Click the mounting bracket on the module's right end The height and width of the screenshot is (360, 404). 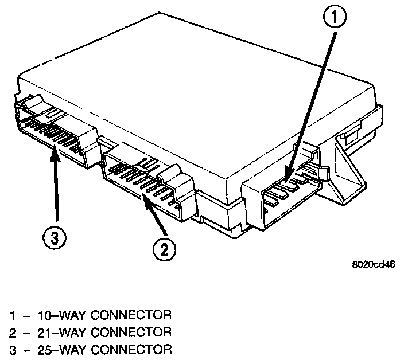pos(353,172)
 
